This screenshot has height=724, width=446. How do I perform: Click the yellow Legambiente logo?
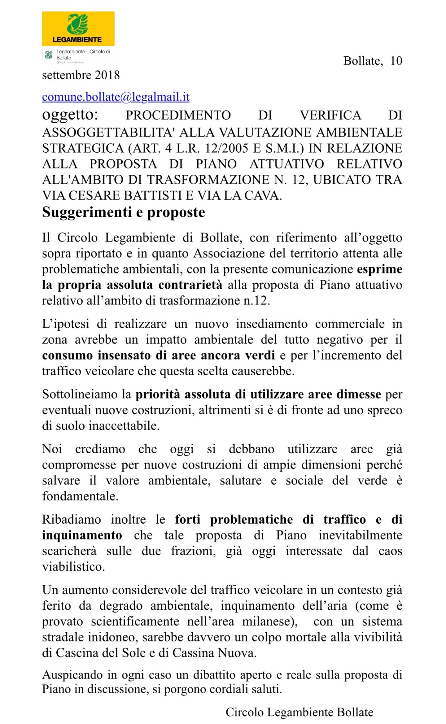(78, 29)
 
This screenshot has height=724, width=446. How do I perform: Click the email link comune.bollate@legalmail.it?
(116, 97)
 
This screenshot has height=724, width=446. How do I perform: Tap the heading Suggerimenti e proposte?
(124, 212)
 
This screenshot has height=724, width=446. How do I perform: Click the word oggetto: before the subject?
(70, 115)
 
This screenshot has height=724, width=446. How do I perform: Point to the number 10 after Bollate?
(396, 61)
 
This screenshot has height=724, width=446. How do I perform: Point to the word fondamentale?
(80, 496)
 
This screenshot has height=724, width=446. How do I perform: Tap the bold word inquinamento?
(82, 535)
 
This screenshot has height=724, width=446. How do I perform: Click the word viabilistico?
(73, 567)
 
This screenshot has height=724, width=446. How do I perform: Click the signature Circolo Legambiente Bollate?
(299, 712)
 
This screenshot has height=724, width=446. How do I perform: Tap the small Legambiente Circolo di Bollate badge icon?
(49, 55)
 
